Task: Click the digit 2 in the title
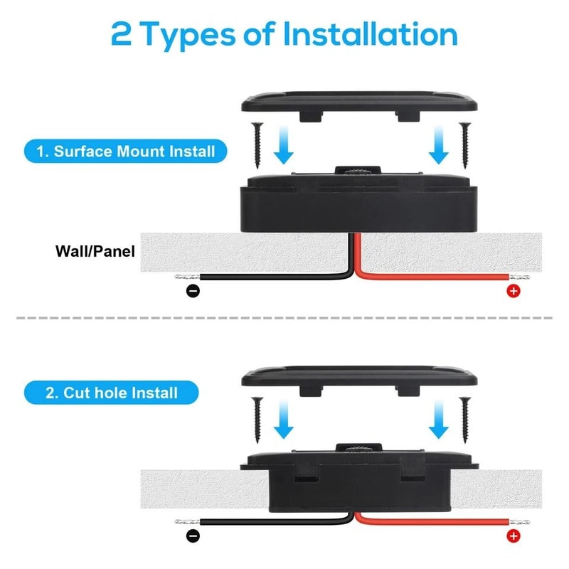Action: (x=122, y=34)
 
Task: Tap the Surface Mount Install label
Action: (x=126, y=151)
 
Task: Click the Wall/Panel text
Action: (x=95, y=251)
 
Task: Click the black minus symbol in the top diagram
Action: (x=193, y=290)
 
